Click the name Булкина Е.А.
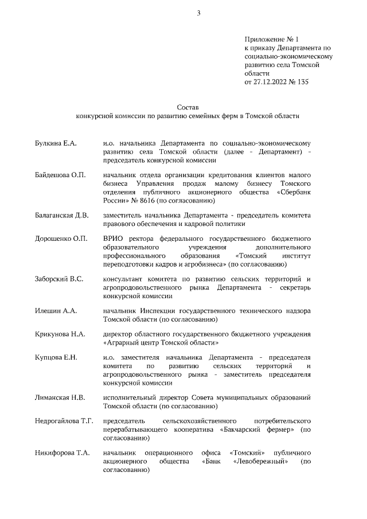(x=56, y=142)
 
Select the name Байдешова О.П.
(x=60, y=174)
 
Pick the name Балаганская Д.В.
(x=62, y=215)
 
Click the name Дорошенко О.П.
(x=61, y=239)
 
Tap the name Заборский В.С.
(x=59, y=279)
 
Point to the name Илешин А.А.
(x=57, y=311)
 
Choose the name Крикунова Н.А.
(x=60, y=334)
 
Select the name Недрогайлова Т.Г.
(x=64, y=421)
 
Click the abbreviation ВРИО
(x=114, y=239)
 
